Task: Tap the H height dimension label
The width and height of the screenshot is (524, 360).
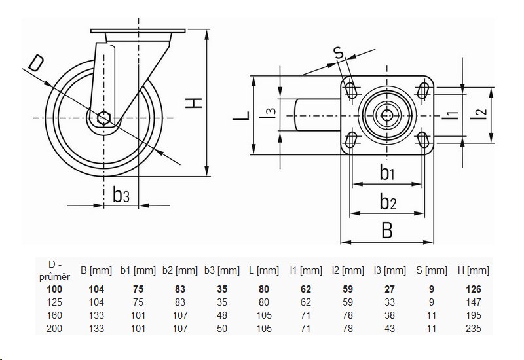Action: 194,103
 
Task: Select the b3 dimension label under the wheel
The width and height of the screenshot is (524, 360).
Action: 121,194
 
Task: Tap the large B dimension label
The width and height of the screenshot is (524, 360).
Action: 387,230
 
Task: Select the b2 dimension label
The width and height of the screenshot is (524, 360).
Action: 388,202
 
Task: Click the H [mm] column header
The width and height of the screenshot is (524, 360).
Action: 474,270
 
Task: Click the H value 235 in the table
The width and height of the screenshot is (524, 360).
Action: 474,329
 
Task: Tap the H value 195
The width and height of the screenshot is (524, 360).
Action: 474,315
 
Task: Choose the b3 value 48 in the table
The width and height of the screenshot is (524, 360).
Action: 223,315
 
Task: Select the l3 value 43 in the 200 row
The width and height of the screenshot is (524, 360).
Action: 390,329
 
